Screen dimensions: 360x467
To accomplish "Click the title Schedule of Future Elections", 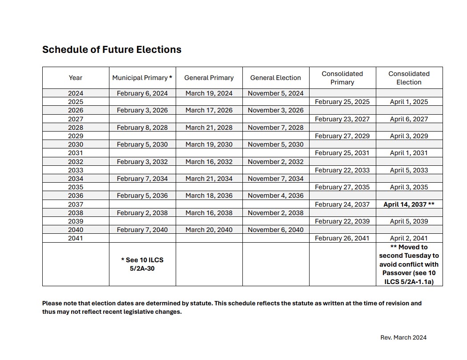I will pos(112,50).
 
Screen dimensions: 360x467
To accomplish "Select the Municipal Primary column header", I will pos(142,78).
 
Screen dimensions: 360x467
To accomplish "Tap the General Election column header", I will pos(276,78).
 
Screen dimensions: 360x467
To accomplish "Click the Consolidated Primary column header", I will pos(342,78).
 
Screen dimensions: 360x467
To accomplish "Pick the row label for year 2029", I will pos(76,136).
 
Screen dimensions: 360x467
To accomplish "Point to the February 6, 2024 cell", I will pos(142,93).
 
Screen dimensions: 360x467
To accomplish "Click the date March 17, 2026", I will pos(209,110).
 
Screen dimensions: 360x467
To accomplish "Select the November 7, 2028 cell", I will pos(276,128).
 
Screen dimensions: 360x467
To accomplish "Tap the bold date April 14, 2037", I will pos(409,204).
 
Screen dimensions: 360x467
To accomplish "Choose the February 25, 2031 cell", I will pos(342,153).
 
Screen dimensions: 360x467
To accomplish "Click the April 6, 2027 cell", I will pos(409,119).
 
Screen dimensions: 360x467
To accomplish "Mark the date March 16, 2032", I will pos(209,162).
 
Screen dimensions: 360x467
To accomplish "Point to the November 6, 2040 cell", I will pos(276,230).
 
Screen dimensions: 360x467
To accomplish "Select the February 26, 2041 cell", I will pos(342,238).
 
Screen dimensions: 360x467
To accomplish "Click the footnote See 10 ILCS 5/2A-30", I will pos(142,264).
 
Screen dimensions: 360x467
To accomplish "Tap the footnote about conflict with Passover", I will pos(409,264).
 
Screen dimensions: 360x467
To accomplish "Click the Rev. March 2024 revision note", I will pos(403,337).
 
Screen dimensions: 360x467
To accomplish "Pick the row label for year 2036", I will pos(76,196).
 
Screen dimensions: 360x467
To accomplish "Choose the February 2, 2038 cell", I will pos(142,213).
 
